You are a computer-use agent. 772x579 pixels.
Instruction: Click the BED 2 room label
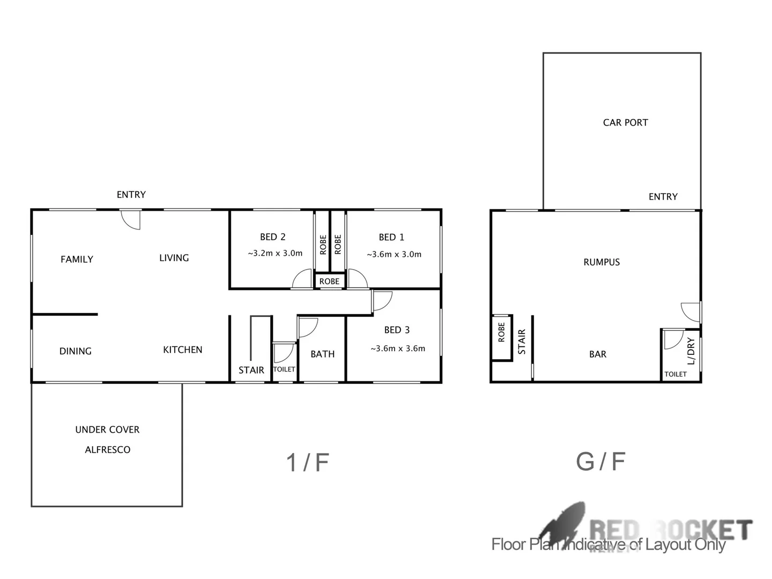(x=272, y=237)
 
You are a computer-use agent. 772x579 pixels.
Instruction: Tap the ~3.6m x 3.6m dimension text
(x=398, y=348)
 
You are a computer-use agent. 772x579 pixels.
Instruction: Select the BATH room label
(x=322, y=354)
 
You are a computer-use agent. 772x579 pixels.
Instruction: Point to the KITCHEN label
(x=182, y=350)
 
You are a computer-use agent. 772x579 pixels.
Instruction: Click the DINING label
(x=75, y=351)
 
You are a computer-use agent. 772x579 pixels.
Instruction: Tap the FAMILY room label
(x=77, y=259)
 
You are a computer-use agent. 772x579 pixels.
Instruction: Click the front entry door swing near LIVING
(x=131, y=219)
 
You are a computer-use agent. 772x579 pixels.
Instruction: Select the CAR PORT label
(x=625, y=123)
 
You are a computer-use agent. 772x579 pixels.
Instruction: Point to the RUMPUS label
(x=602, y=262)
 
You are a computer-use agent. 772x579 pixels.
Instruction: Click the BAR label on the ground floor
(x=598, y=354)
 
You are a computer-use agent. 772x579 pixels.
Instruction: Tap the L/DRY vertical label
(x=691, y=351)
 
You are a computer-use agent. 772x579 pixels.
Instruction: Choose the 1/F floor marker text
(x=307, y=462)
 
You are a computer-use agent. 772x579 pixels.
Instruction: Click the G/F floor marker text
(x=600, y=461)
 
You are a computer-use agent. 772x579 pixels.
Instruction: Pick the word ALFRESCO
(x=107, y=450)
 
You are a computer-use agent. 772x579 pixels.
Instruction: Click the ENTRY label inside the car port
(x=663, y=197)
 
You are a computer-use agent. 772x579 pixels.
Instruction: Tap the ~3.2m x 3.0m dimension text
(x=275, y=254)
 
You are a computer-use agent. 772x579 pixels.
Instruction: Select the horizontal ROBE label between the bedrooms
(x=329, y=281)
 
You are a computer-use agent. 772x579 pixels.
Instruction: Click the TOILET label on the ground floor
(x=675, y=374)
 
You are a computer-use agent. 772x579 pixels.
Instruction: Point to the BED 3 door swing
(x=382, y=301)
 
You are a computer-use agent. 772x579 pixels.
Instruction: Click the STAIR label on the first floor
(x=251, y=370)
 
